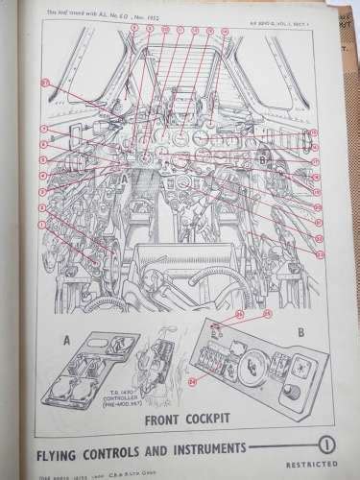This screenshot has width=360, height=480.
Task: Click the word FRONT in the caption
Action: click(165, 420)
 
